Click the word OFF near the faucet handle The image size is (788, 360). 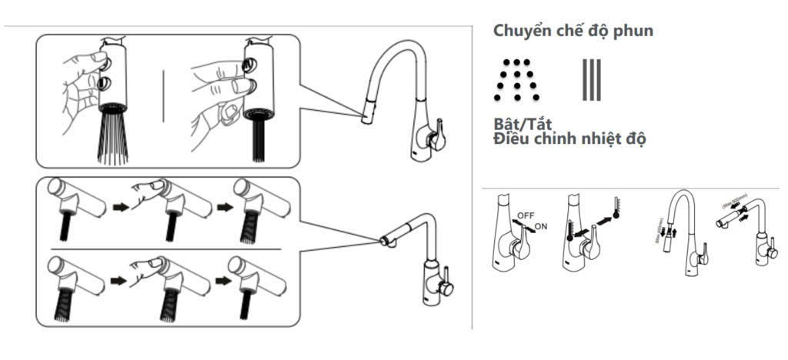pos(526,215)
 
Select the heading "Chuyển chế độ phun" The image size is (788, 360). pos(573,32)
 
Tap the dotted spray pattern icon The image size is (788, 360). pos(516,80)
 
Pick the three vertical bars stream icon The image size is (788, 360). pos(591,80)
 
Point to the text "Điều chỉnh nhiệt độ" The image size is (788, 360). pos(569,139)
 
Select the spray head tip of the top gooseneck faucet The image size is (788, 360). pos(366,119)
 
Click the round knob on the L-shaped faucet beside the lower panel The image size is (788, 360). pos(444,286)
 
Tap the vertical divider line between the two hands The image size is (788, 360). pos(163,95)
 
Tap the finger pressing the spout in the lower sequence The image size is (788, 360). pos(151,264)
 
